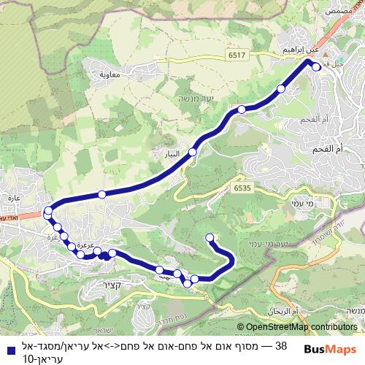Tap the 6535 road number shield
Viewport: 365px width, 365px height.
[x=243, y=188]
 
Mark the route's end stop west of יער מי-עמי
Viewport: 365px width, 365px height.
[x=210, y=237]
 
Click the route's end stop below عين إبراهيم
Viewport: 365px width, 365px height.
[x=316, y=66]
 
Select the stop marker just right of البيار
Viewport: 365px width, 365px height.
[x=193, y=152]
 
